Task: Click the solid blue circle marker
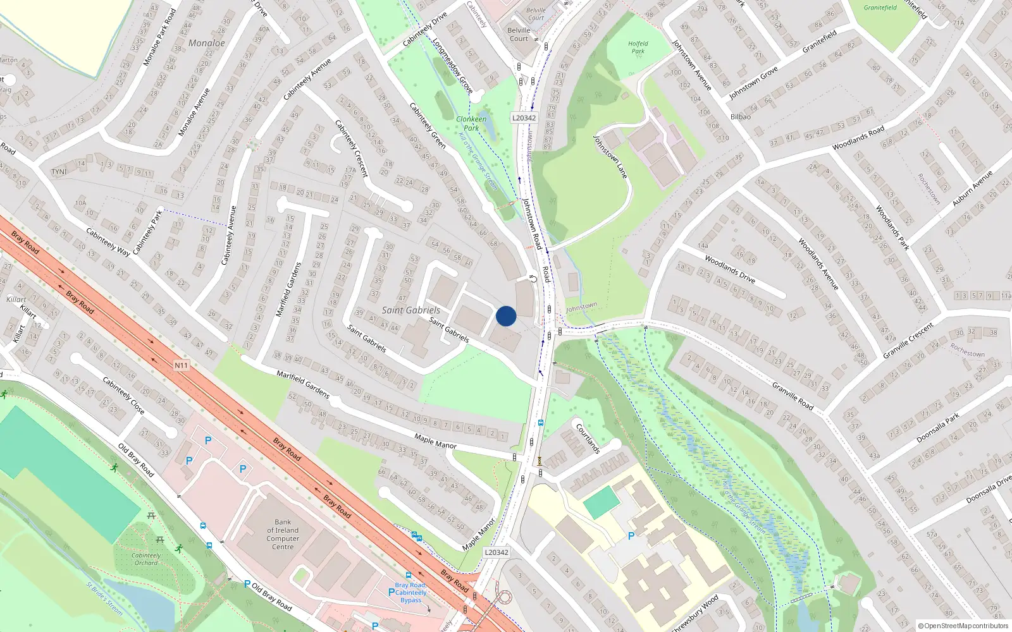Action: click(x=506, y=316)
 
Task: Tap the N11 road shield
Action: click(x=181, y=365)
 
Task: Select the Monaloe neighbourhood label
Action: click(x=207, y=43)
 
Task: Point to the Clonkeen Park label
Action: click(x=471, y=123)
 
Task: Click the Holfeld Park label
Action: click(x=638, y=47)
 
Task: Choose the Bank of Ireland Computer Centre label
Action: click(x=283, y=535)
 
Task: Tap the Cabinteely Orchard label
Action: click(x=146, y=559)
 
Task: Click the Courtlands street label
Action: click(x=588, y=438)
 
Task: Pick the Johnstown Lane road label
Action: click(x=610, y=156)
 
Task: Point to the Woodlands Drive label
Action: click(x=730, y=269)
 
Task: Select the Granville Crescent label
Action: click(x=908, y=341)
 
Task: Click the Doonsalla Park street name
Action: click(x=938, y=428)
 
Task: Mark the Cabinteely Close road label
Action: click(x=123, y=396)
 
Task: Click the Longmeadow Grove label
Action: click(x=453, y=66)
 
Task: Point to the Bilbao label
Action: click(x=741, y=117)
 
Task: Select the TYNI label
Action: click(x=59, y=172)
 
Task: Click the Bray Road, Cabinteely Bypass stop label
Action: click(x=410, y=593)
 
